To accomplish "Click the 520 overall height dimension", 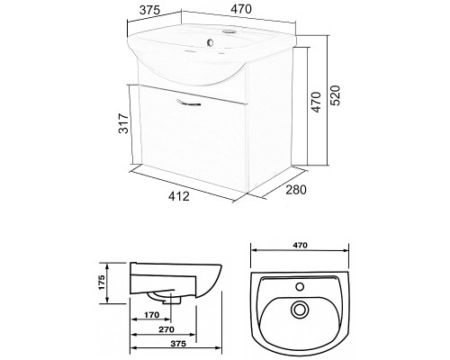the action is tap(337, 95).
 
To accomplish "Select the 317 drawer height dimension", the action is tap(124, 123).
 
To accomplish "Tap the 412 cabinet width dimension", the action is tap(179, 196).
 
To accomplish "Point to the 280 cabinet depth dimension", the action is tap(296, 190).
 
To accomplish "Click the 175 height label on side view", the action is tap(102, 282).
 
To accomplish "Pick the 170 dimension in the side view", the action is tap(151, 315).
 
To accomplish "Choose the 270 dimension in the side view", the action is tap(166, 329).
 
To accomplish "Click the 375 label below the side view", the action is tap(178, 344).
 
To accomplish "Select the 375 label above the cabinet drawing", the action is tap(149, 10).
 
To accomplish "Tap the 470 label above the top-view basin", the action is tap(300, 245).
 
